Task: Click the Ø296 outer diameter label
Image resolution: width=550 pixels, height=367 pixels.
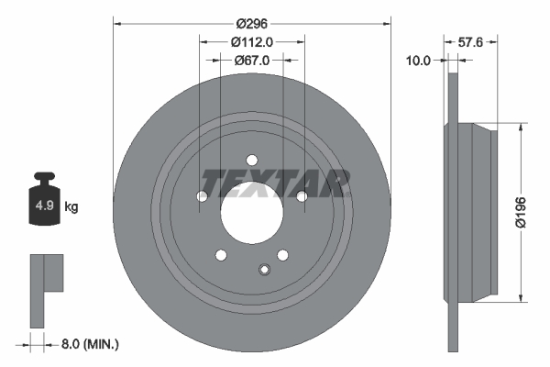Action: [x=251, y=22]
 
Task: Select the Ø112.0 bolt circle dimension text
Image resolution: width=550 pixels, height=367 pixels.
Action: [x=251, y=41]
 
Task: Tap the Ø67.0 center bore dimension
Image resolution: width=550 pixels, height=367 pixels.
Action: [x=251, y=61]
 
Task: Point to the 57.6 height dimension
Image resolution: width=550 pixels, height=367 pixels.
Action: [x=469, y=41]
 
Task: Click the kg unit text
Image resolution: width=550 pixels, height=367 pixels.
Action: [x=71, y=207]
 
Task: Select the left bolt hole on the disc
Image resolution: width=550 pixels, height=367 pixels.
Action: [x=202, y=195]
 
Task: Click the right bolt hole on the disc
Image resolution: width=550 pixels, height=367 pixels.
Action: [x=301, y=195]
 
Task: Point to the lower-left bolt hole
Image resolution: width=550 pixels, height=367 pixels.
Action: [x=220, y=255]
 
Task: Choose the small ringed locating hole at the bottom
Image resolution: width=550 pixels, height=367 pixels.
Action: [x=265, y=269]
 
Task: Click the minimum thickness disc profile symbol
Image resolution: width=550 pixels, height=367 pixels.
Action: [x=45, y=288]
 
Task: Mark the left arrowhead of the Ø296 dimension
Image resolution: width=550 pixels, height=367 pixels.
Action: [x=116, y=22]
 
